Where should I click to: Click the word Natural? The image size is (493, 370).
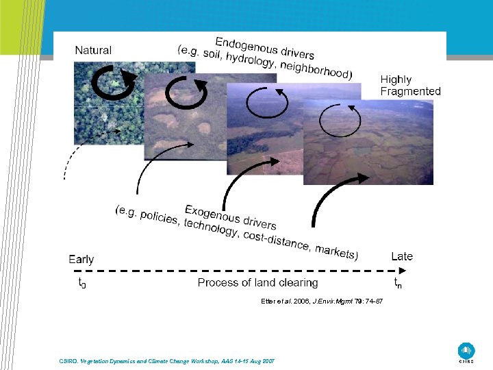93,50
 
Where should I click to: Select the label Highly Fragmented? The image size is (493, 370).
410,86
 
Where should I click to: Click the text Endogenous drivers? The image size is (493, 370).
265,47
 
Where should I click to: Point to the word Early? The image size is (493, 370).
81,259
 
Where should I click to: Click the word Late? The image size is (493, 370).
401,256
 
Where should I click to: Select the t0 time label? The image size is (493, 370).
81,282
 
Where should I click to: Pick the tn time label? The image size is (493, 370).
398,282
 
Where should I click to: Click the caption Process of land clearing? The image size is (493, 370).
257,282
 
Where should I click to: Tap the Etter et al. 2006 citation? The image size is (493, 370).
322,301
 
